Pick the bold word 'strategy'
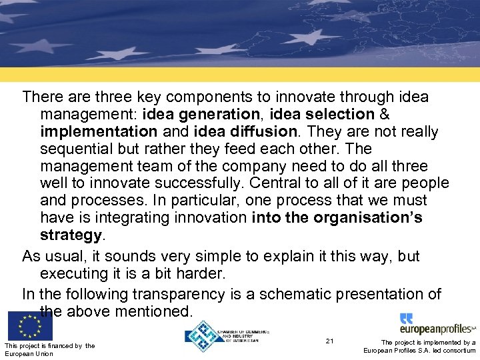coord(71,235)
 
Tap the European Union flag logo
coord(30,326)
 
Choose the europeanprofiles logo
coord(437,325)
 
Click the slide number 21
coord(330,341)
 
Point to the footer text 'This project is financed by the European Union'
coord(49,349)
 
